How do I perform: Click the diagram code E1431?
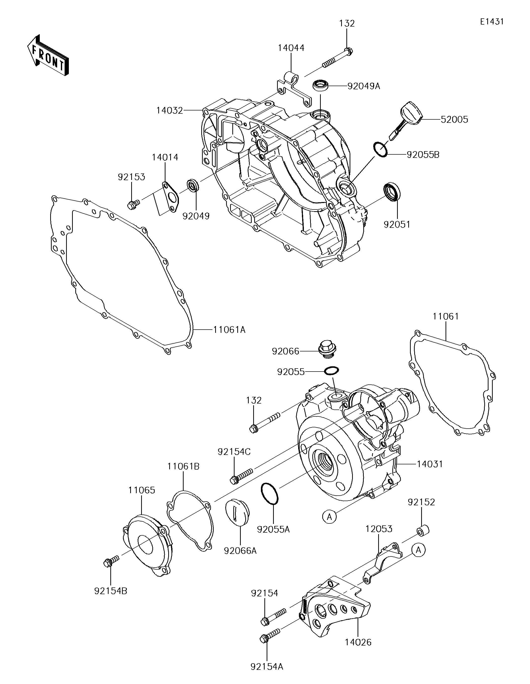tap(491, 22)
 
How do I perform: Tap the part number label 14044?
tap(291, 48)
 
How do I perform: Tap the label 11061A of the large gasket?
tap(229, 330)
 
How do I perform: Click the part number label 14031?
tap(429, 464)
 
